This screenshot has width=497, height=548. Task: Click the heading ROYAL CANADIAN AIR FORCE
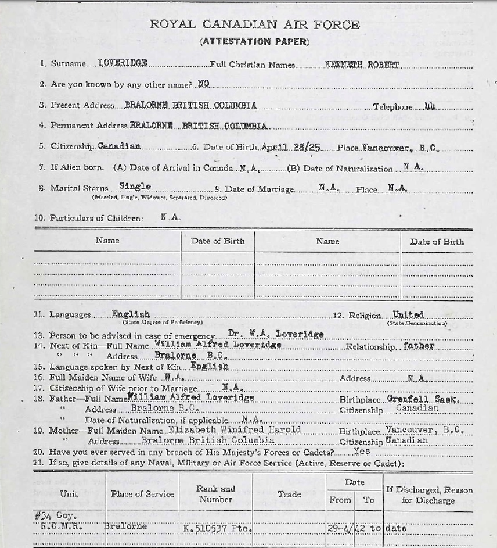tap(254, 24)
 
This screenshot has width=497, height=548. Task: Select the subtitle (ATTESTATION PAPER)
tap(254, 41)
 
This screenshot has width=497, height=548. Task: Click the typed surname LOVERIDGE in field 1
tap(123, 63)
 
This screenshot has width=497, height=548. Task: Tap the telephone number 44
tap(430, 106)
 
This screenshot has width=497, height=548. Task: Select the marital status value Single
tap(135, 187)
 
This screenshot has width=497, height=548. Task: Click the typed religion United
tap(408, 314)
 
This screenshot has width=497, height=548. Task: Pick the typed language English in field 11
tap(131, 314)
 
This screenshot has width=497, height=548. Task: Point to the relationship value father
tap(418, 346)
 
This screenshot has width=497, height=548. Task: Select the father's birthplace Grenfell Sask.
tap(424, 399)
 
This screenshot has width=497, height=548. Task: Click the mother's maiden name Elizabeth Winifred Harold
tap(235, 430)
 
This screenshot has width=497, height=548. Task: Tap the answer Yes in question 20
tap(361, 452)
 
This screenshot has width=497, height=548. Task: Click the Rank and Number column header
tap(215, 494)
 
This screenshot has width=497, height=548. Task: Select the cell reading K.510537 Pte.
tap(217, 528)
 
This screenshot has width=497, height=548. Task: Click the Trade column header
tap(289, 494)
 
